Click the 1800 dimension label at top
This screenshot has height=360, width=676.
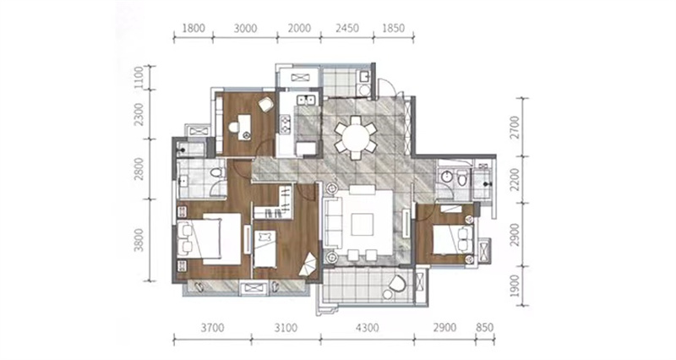coord(194,29)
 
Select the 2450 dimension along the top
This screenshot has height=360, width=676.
coord(347,28)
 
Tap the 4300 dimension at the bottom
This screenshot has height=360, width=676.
coord(368,328)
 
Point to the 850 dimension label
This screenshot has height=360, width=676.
coord(484,328)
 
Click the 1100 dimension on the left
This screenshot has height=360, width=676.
coord(139,78)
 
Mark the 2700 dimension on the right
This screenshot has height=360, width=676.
coord(515,128)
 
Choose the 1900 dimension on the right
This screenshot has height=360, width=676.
coord(515,286)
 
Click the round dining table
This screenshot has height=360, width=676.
coord(356,138)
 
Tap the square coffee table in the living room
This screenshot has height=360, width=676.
coord(363,225)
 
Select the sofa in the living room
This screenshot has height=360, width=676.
coord(333,224)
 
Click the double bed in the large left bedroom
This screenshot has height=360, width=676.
coord(209,239)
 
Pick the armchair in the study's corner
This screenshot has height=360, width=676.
coord(265,104)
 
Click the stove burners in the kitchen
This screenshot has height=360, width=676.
coord(285,124)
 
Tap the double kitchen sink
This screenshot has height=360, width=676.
coord(307,100)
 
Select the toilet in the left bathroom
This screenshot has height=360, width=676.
coord(216,173)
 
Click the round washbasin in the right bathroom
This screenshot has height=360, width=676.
coord(445,177)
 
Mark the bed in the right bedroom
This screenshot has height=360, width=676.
coord(454,239)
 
